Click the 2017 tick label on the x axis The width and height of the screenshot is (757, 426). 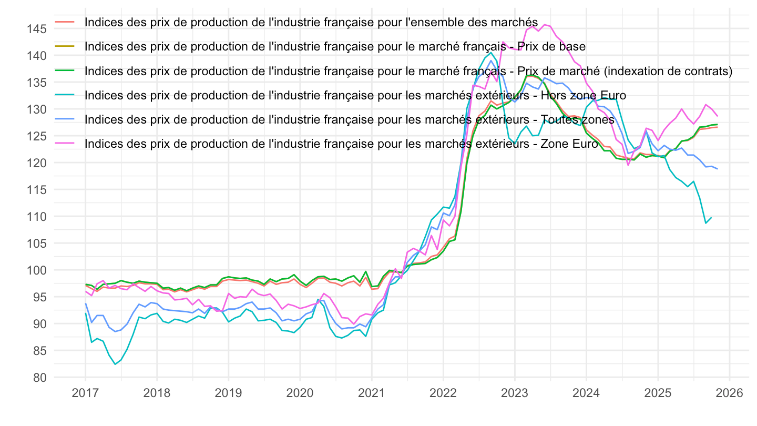[85, 393]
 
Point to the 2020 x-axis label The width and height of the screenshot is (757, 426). [300, 393]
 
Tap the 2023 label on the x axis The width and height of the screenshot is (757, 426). [515, 393]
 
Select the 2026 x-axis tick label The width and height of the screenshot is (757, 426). [730, 393]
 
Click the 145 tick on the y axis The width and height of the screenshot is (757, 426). [39, 29]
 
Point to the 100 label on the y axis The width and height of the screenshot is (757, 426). [39, 270]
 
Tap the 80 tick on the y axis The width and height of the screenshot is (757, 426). [42, 378]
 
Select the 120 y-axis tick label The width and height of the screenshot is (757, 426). [39, 163]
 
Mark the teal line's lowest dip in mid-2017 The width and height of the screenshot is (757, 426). [115, 364]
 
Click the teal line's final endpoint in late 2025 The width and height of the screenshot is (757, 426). [712, 217]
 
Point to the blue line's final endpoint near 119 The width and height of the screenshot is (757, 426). [718, 169]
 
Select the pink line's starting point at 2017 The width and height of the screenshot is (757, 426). [85, 291]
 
